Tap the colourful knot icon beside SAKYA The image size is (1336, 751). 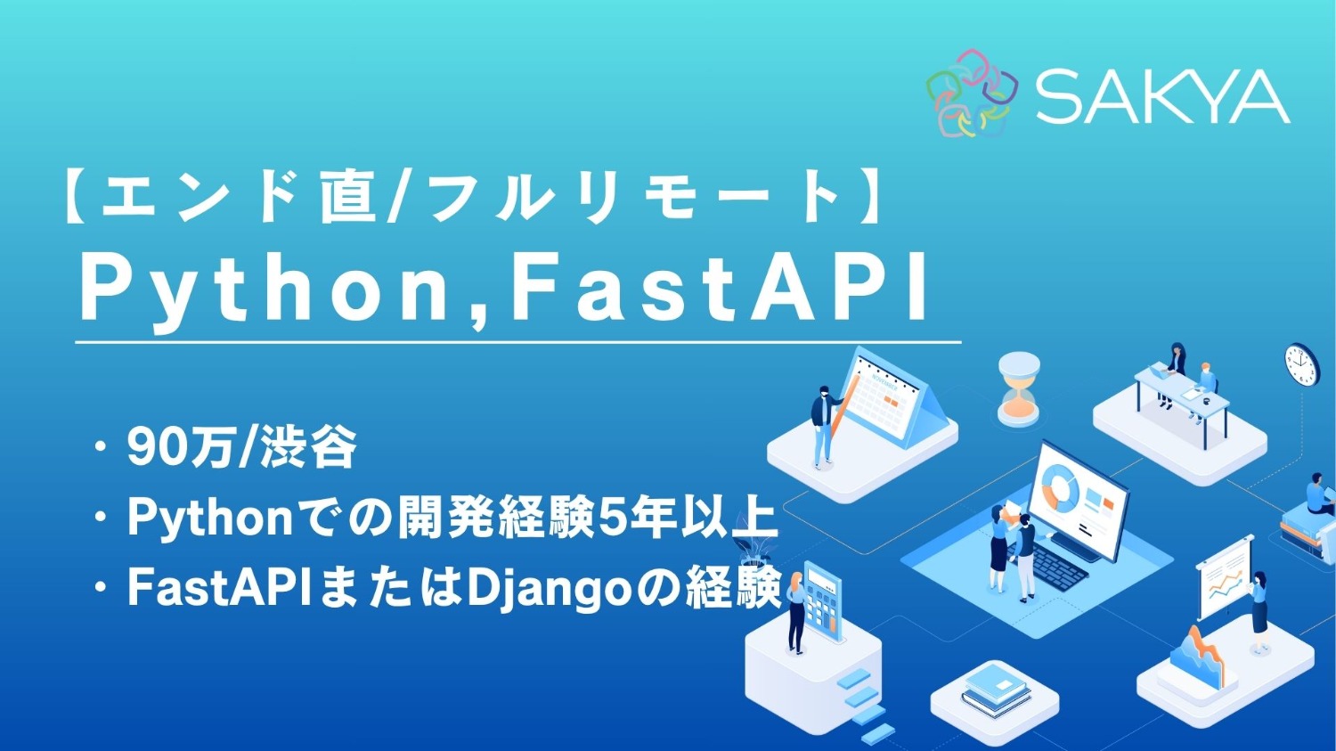972,94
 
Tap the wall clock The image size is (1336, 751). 1301,364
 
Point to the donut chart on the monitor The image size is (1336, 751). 1060,486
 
